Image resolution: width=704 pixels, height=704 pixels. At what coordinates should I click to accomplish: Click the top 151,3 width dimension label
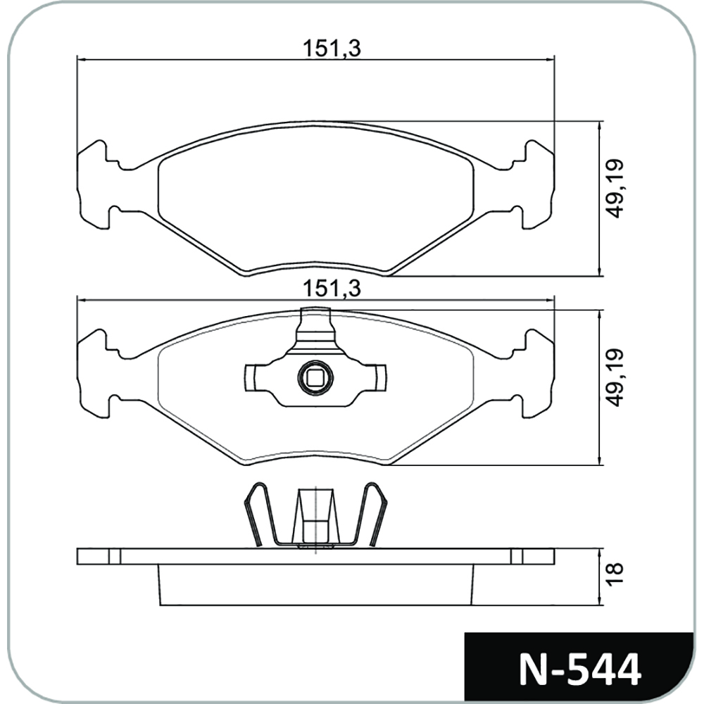(332, 49)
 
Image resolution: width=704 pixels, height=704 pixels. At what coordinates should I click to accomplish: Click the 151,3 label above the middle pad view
(332, 288)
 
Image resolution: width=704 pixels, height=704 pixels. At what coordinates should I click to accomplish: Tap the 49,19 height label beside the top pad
(614, 189)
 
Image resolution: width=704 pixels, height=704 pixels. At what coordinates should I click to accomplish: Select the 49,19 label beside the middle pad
(614, 377)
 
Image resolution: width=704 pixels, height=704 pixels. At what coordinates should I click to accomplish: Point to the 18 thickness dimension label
(614, 573)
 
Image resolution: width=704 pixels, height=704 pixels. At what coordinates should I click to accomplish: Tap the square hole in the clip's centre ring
(315, 377)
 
